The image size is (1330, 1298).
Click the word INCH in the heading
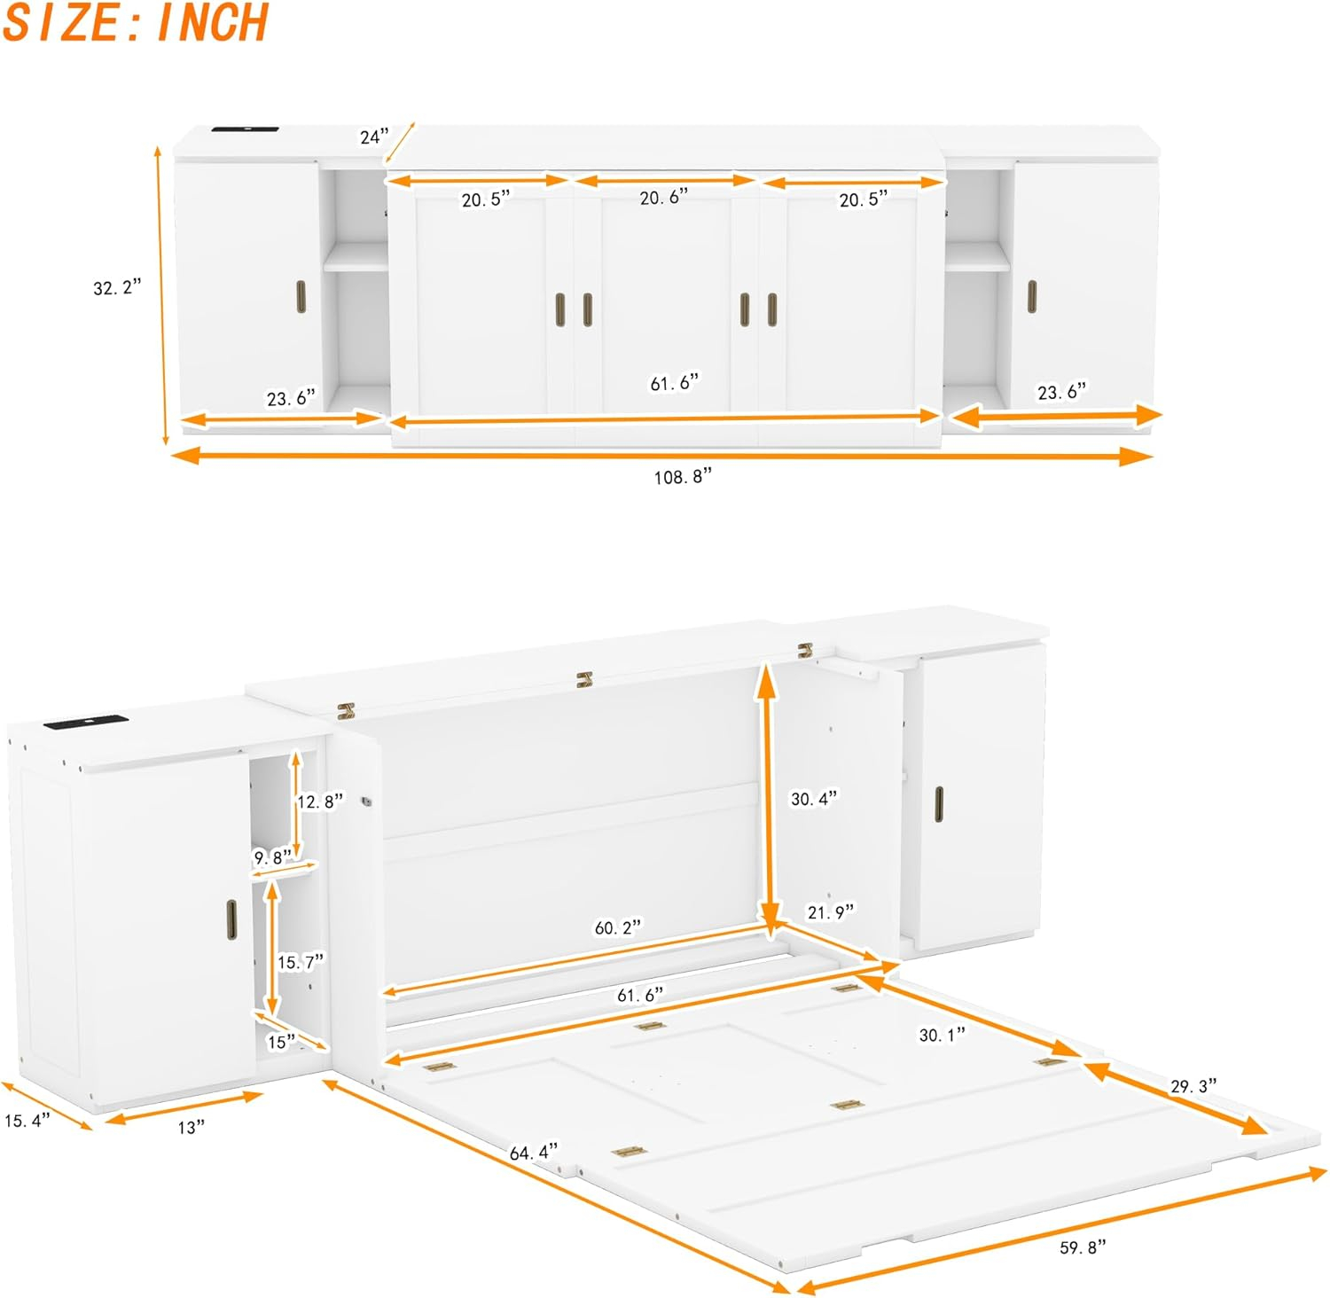pos(212,23)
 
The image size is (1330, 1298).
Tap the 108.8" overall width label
pos(683,477)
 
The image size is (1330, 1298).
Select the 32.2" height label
pos(117,288)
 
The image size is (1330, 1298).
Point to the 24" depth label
pos(374,137)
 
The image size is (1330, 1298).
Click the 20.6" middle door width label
pos(664,197)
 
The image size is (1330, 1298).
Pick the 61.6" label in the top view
pos(674,383)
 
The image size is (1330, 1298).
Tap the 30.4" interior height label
pos(813,799)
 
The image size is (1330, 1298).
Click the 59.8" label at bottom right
pos(1084,1247)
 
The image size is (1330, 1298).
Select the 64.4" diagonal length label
pos(534,1153)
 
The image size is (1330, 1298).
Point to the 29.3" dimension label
pos(1193,1086)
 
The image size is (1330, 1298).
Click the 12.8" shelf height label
pos(319,801)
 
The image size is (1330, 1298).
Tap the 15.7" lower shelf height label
pos(301,962)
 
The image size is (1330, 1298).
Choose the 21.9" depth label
pos(830,911)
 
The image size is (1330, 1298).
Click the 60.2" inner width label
pos(617,927)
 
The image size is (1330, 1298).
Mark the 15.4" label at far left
pos(27,1120)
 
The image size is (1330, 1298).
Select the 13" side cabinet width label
pos(191,1127)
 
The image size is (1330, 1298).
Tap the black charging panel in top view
pos(246,131)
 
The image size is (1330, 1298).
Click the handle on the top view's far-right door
pos(1031,296)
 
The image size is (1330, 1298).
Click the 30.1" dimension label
pos(942,1035)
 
